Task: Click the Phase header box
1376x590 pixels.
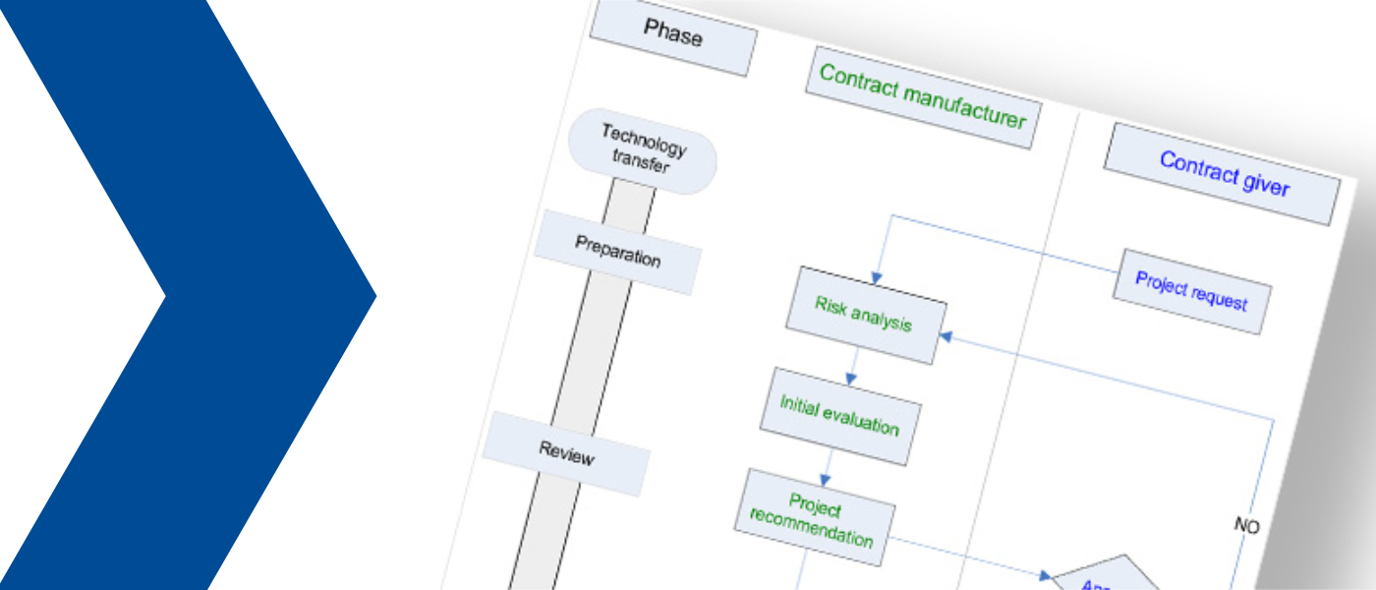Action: point(673,36)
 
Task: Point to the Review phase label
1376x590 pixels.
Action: point(566,453)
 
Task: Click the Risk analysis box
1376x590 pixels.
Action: point(865,315)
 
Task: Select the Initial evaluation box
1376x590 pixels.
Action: point(839,416)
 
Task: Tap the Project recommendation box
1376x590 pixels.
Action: point(814,519)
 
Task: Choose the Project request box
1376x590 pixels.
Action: point(1190,291)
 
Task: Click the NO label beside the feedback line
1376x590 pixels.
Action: point(1246,527)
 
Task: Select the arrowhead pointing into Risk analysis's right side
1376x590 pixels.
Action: point(946,336)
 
